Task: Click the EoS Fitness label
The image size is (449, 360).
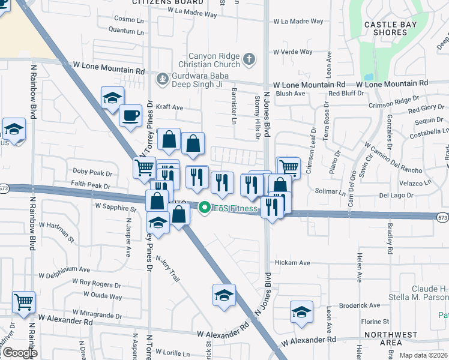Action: (236, 208)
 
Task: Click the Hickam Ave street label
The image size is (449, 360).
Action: (292, 263)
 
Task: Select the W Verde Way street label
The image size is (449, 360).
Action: (293, 52)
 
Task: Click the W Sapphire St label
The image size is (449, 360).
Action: (115, 207)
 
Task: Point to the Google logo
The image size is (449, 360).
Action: (20, 353)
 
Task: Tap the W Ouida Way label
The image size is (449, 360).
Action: (103, 295)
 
